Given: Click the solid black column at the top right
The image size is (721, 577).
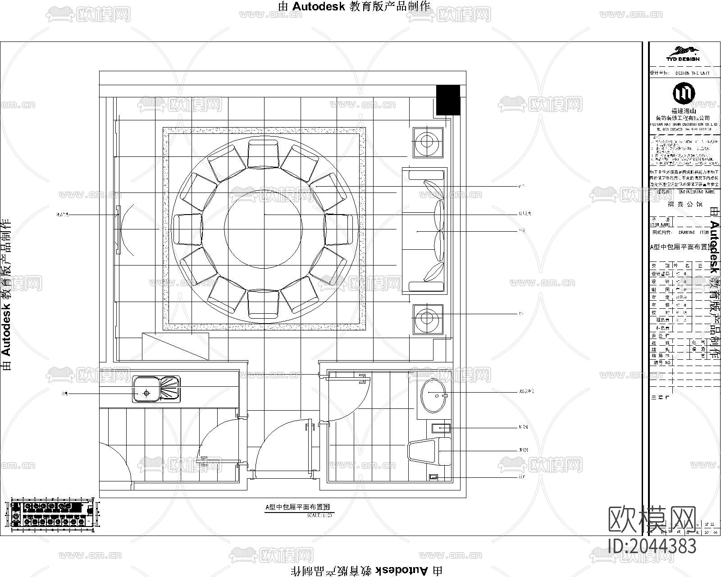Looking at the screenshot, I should (447, 100).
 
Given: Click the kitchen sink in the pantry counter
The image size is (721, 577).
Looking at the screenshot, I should (156, 389).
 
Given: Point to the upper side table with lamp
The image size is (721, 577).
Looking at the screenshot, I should (428, 142).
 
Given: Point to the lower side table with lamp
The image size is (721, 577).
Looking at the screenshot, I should (428, 318).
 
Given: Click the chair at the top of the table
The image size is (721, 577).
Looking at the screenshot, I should (264, 153).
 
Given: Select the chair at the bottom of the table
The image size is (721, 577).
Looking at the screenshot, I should (264, 303).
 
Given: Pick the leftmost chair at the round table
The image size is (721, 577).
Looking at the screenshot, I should (188, 229).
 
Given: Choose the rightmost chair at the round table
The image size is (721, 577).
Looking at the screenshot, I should (339, 229).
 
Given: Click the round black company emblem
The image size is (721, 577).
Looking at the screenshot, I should (683, 93).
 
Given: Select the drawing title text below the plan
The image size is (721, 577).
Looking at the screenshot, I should (297, 507).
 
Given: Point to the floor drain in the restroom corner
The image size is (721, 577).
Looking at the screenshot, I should (434, 476).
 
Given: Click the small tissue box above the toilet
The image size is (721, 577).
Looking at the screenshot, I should (441, 427).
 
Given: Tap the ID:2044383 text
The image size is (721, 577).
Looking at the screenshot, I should (652, 546).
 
